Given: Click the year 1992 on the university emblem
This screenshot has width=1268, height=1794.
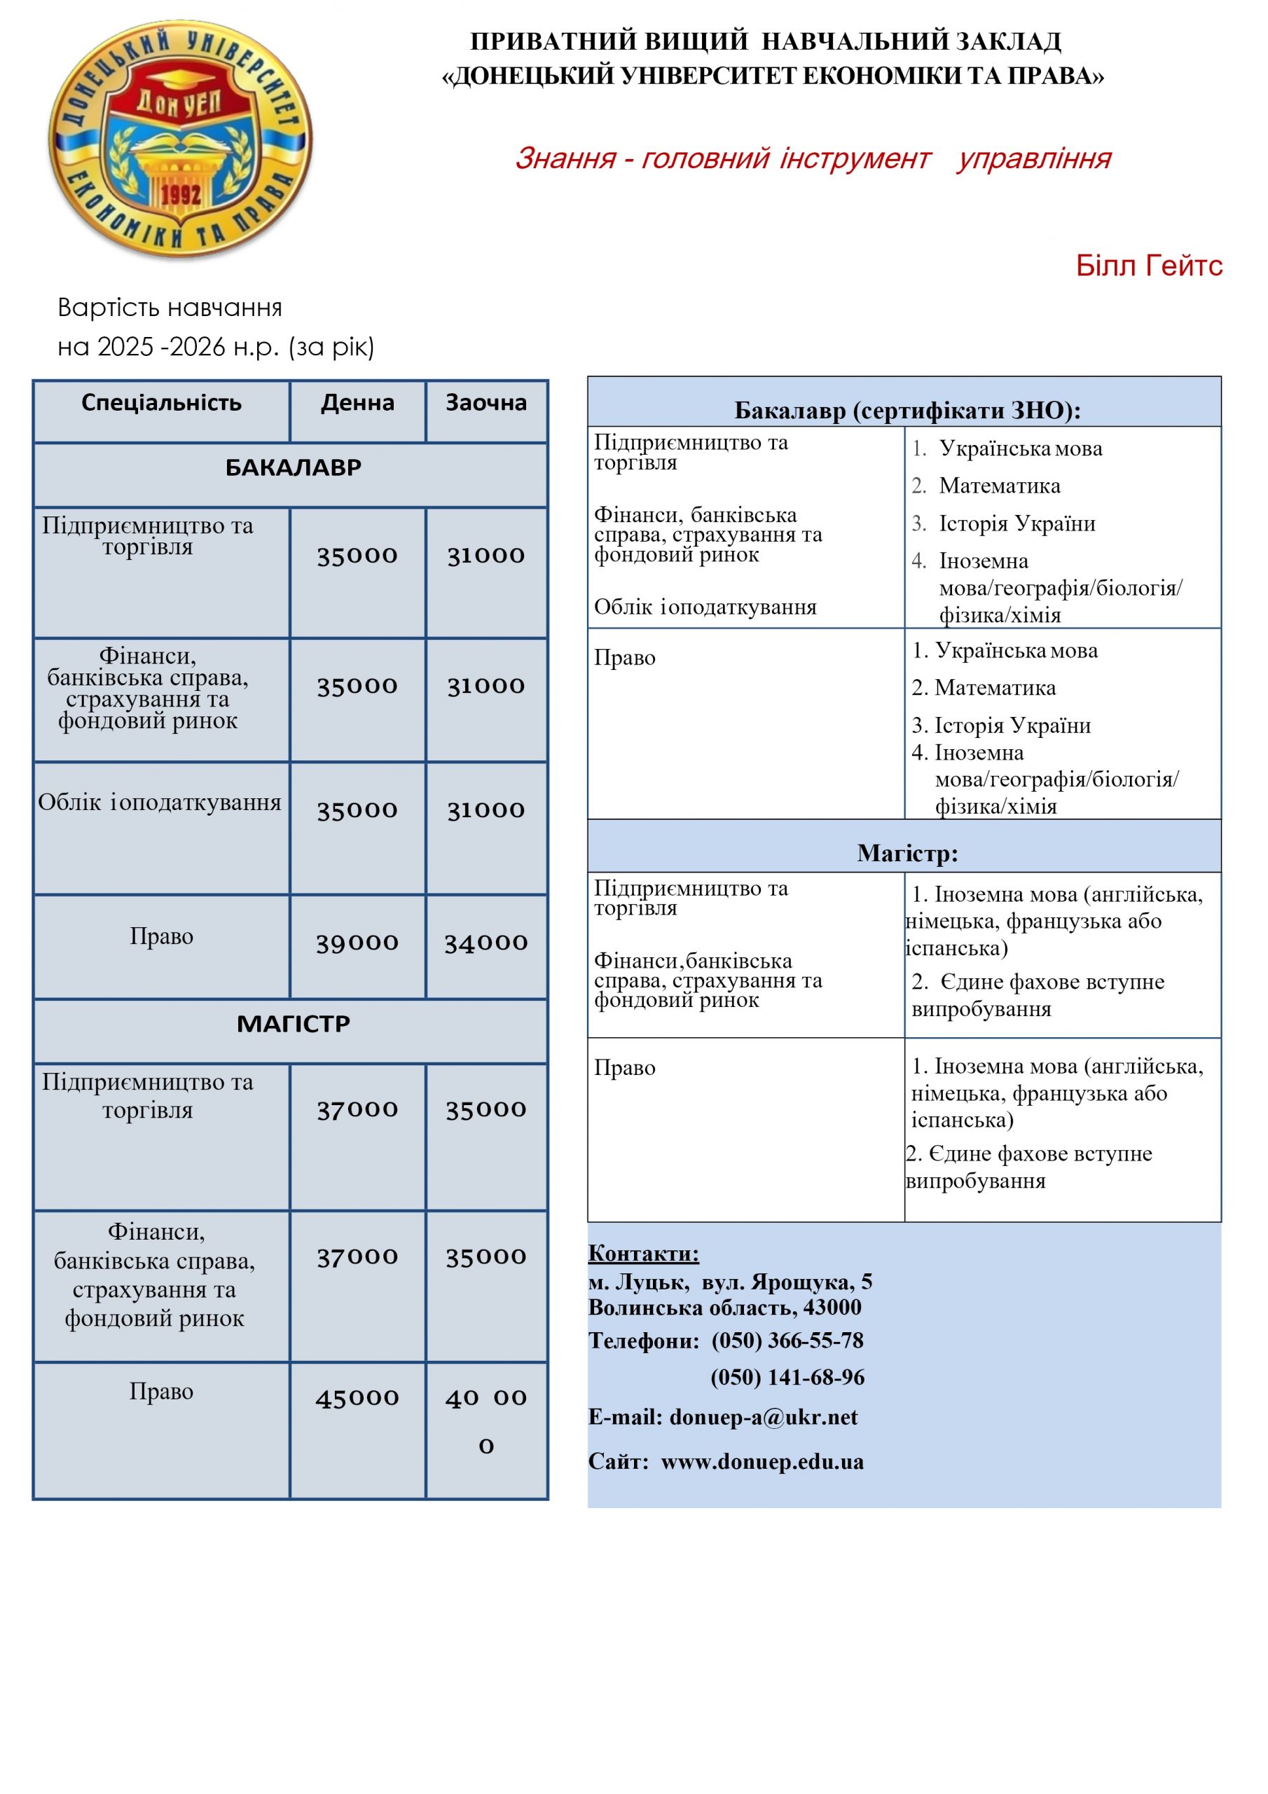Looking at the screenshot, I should click(x=181, y=195).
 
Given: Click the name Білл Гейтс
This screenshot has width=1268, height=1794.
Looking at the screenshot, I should click(x=1148, y=266).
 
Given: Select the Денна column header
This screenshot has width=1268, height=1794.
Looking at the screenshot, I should click(x=357, y=403).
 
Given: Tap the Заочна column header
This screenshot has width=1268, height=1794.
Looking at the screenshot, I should click(x=486, y=403).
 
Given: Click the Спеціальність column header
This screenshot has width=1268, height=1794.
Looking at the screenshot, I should click(x=162, y=403).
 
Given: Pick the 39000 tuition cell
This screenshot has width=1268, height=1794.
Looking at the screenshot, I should click(x=357, y=943).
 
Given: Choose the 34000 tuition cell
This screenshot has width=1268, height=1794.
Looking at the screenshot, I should click(x=486, y=943).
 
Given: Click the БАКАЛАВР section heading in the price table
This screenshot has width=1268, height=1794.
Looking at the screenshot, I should click(x=293, y=468).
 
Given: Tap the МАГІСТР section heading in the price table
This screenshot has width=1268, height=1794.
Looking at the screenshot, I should click(x=293, y=1024).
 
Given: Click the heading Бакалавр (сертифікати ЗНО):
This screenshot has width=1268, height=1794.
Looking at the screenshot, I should click(x=907, y=411).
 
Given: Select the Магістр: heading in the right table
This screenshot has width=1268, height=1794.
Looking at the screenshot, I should click(x=907, y=852).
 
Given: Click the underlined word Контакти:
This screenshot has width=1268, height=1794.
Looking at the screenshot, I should click(x=643, y=1253).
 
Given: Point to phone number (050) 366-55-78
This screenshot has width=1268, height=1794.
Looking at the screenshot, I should click(x=787, y=1341).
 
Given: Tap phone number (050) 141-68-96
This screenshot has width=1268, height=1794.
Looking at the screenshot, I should click(x=787, y=1377).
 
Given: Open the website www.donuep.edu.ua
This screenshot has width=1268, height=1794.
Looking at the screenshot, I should click(x=762, y=1461).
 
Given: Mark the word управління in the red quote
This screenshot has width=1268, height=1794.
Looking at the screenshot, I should click(x=1033, y=158).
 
